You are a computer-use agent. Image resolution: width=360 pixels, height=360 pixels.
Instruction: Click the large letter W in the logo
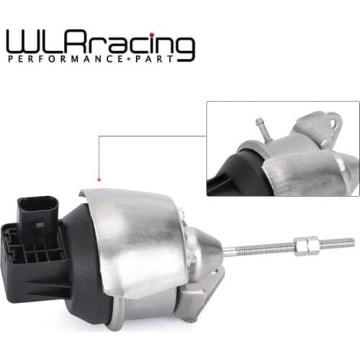22,41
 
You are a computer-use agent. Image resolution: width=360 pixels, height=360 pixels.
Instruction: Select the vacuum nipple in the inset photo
261,128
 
